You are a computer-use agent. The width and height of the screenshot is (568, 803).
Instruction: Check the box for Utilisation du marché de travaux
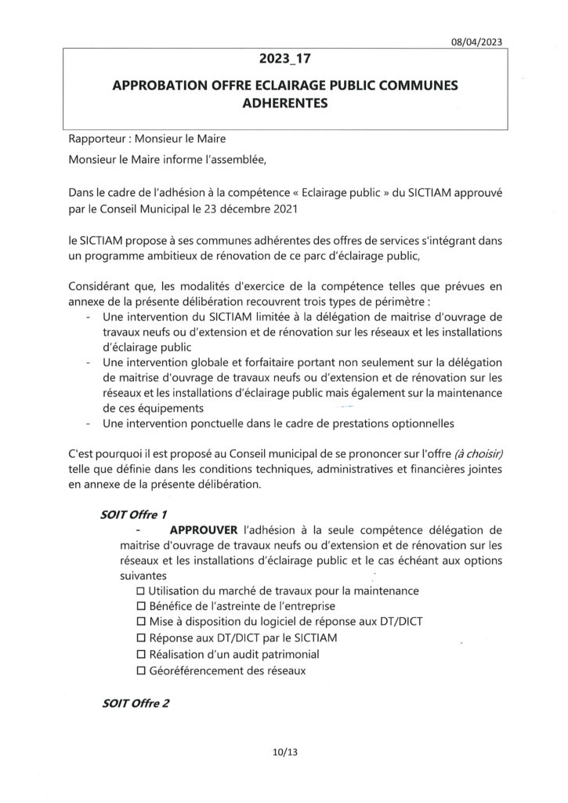[141, 590]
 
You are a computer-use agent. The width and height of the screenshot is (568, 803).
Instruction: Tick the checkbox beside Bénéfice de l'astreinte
[141, 606]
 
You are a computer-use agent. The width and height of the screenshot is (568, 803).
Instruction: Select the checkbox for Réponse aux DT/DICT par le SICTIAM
[141, 638]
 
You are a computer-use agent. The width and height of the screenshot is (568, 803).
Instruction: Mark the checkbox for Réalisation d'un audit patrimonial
[141, 655]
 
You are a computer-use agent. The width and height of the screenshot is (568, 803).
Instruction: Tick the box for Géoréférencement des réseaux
[141, 671]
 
